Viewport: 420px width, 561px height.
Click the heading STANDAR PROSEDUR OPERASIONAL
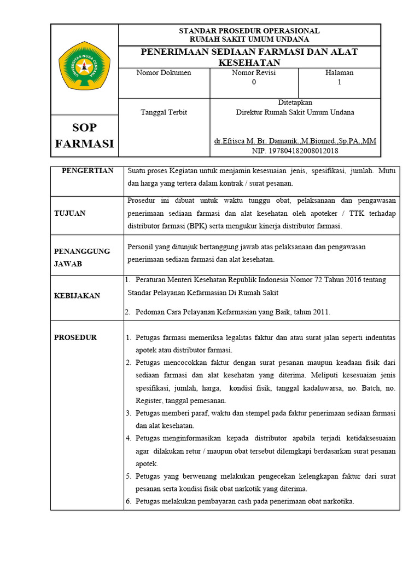click(x=249, y=31)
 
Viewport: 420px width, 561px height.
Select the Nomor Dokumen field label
click(x=164, y=73)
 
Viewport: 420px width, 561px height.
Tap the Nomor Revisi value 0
click(x=253, y=82)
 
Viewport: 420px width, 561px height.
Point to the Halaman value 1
click(x=339, y=82)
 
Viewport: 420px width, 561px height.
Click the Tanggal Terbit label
click(x=164, y=112)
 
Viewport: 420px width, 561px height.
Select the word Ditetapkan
click(x=295, y=102)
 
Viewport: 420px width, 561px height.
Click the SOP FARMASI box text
click(x=84, y=135)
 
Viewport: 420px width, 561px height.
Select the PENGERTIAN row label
click(x=87, y=171)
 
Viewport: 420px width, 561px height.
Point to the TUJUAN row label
click(x=69, y=213)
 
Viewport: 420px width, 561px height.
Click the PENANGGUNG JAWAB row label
click(x=81, y=257)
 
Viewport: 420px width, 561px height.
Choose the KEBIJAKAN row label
click(x=77, y=296)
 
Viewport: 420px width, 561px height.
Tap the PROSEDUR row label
click(x=75, y=337)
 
